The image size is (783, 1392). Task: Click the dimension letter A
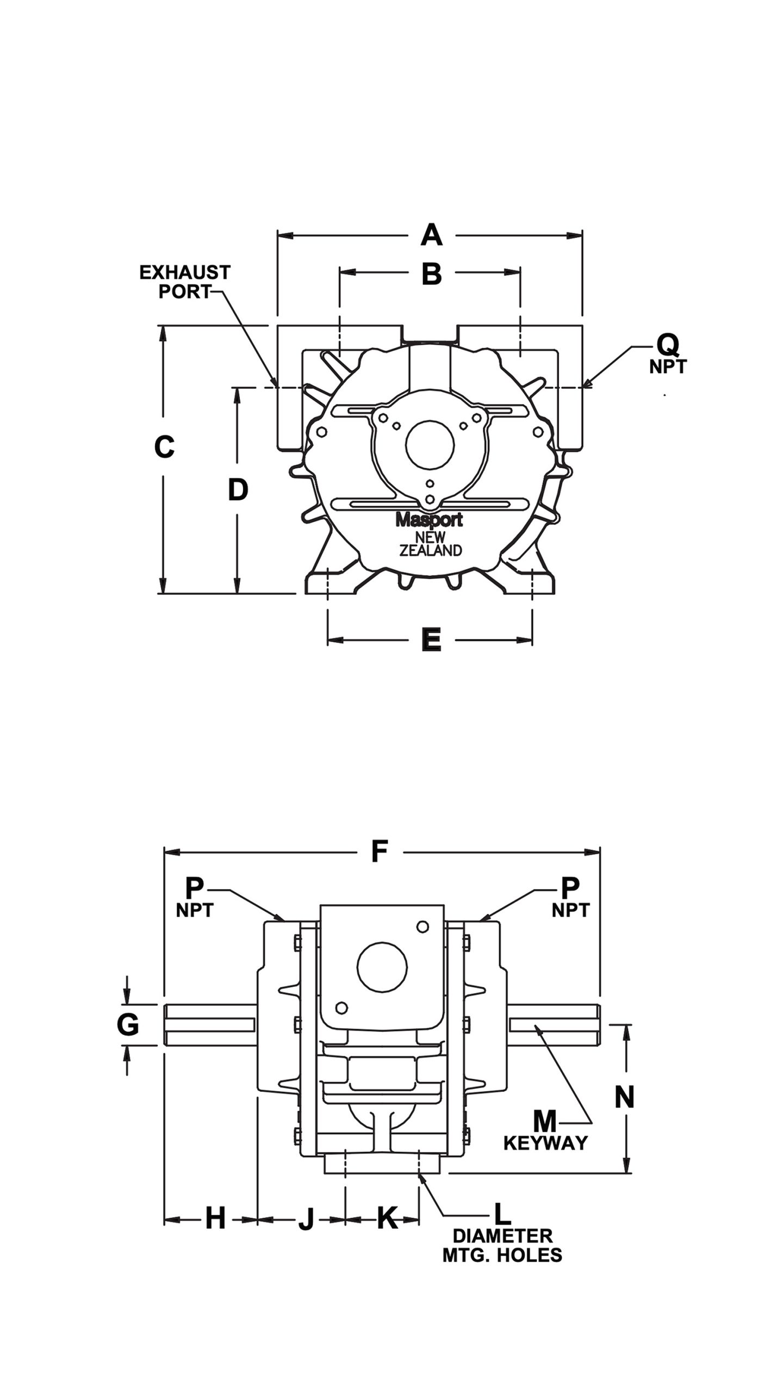431,235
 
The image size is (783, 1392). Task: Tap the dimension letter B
432,275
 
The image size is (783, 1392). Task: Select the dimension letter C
164,447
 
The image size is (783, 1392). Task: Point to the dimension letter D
238,490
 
